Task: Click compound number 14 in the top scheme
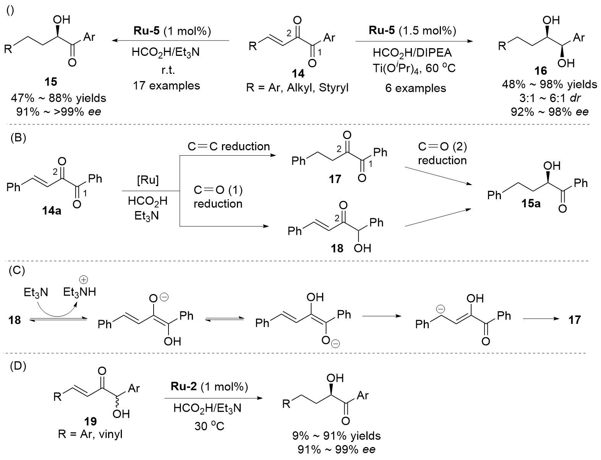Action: click(x=298, y=73)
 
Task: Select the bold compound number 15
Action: click(x=51, y=82)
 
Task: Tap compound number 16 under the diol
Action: click(x=541, y=71)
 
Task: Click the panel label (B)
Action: click(x=18, y=138)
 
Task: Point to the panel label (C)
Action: click(x=17, y=270)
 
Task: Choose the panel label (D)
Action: click(x=18, y=366)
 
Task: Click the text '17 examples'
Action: click(x=167, y=86)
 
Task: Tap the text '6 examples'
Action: click(x=415, y=88)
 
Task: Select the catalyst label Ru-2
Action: click(x=184, y=386)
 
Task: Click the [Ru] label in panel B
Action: click(x=148, y=180)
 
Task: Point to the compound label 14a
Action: click(x=52, y=211)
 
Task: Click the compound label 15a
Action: click(x=531, y=203)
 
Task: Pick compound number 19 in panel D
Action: click(x=90, y=421)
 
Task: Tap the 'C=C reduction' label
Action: click(x=228, y=146)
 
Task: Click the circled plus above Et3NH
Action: click(x=84, y=280)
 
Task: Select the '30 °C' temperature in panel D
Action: click(x=209, y=426)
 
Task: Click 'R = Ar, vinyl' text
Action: click(x=90, y=434)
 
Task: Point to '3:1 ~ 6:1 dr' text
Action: click(x=550, y=98)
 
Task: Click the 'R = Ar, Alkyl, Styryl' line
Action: click(x=297, y=88)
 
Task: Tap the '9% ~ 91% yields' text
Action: click(x=337, y=436)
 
